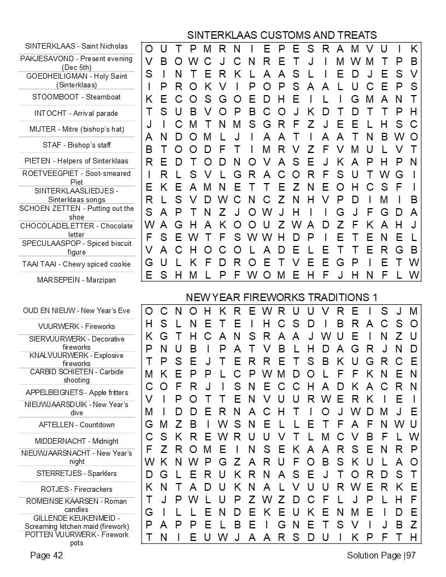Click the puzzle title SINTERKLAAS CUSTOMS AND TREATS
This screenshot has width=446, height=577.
281,35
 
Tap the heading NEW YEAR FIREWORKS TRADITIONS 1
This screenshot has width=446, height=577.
281,297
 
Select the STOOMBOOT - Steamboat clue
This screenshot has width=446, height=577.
77,97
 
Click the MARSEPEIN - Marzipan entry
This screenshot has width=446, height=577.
77,280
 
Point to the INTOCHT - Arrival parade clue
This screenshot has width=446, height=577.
77,113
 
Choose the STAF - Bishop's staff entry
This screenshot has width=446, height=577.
77,145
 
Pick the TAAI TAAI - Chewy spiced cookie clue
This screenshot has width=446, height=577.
77,264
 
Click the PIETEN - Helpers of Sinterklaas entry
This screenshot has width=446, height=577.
77,161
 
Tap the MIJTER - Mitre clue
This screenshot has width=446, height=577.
77,129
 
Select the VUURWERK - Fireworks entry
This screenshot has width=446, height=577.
77,326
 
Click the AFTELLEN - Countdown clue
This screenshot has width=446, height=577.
77,425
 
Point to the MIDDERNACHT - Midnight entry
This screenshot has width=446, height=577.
77,441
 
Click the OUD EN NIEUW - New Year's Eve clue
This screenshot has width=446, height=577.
77,310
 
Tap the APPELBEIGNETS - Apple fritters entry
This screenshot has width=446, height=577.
77,392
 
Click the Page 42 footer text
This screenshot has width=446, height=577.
46,556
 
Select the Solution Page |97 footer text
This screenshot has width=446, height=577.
382,556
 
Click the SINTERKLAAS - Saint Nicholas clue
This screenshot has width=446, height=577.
77,46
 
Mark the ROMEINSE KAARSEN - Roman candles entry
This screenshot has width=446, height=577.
77,505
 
